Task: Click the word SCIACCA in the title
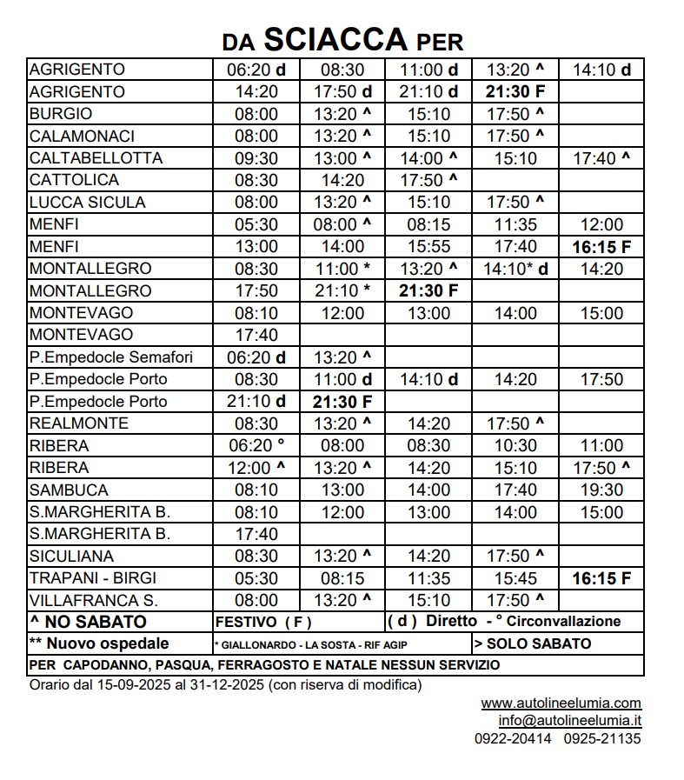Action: (335, 38)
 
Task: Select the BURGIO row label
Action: (61, 114)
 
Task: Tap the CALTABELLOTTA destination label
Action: (96, 158)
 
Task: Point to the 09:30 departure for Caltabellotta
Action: (256, 158)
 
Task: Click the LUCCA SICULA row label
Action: (87, 203)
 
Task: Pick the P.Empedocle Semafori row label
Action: (110, 357)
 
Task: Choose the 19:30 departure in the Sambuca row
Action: (601, 490)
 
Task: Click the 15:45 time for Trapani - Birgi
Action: (515, 578)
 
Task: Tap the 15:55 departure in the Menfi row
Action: (429, 247)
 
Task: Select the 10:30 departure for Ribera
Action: (515, 446)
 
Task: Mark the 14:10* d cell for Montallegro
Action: (515, 269)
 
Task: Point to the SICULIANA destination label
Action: (71, 557)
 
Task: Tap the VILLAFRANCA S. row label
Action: (93, 601)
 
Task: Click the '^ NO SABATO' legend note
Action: (88, 622)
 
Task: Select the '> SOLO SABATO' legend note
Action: (533, 644)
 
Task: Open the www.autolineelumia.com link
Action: (561, 703)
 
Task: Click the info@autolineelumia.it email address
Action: (569, 721)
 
